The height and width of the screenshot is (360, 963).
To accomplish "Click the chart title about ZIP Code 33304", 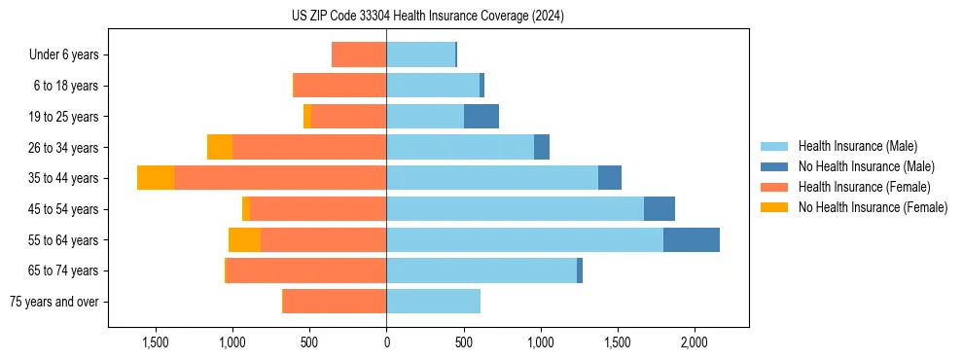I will click(x=427, y=16).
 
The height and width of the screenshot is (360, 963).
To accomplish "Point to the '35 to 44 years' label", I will click(x=63, y=178).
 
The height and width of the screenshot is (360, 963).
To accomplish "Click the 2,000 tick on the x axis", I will click(x=694, y=342).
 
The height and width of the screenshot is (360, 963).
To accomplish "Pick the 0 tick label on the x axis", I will click(x=386, y=342).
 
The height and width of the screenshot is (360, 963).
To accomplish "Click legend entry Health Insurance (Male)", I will click(x=857, y=146).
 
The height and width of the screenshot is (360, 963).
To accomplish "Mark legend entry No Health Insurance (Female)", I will click(x=873, y=207).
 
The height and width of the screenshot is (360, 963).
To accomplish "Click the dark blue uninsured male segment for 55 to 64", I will click(x=692, y=239).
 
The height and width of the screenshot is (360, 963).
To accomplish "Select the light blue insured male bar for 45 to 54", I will click(x=515, y=208).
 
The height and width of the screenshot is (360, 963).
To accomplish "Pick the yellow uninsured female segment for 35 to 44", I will click(x=156, y=178).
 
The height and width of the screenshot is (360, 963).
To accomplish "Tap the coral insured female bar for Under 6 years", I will click(x=359, y=54).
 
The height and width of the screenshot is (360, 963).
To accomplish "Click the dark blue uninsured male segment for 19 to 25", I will click(x=481, y=116).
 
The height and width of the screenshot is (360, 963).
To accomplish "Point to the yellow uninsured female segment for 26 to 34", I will click(x=220, y=147).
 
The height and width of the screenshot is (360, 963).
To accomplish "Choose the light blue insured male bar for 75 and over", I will click(x=433, y=302).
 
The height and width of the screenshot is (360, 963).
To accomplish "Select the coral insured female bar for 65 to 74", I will click(x=306, y=270).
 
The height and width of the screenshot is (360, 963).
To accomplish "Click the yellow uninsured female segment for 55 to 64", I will click(x=244, y=239).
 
